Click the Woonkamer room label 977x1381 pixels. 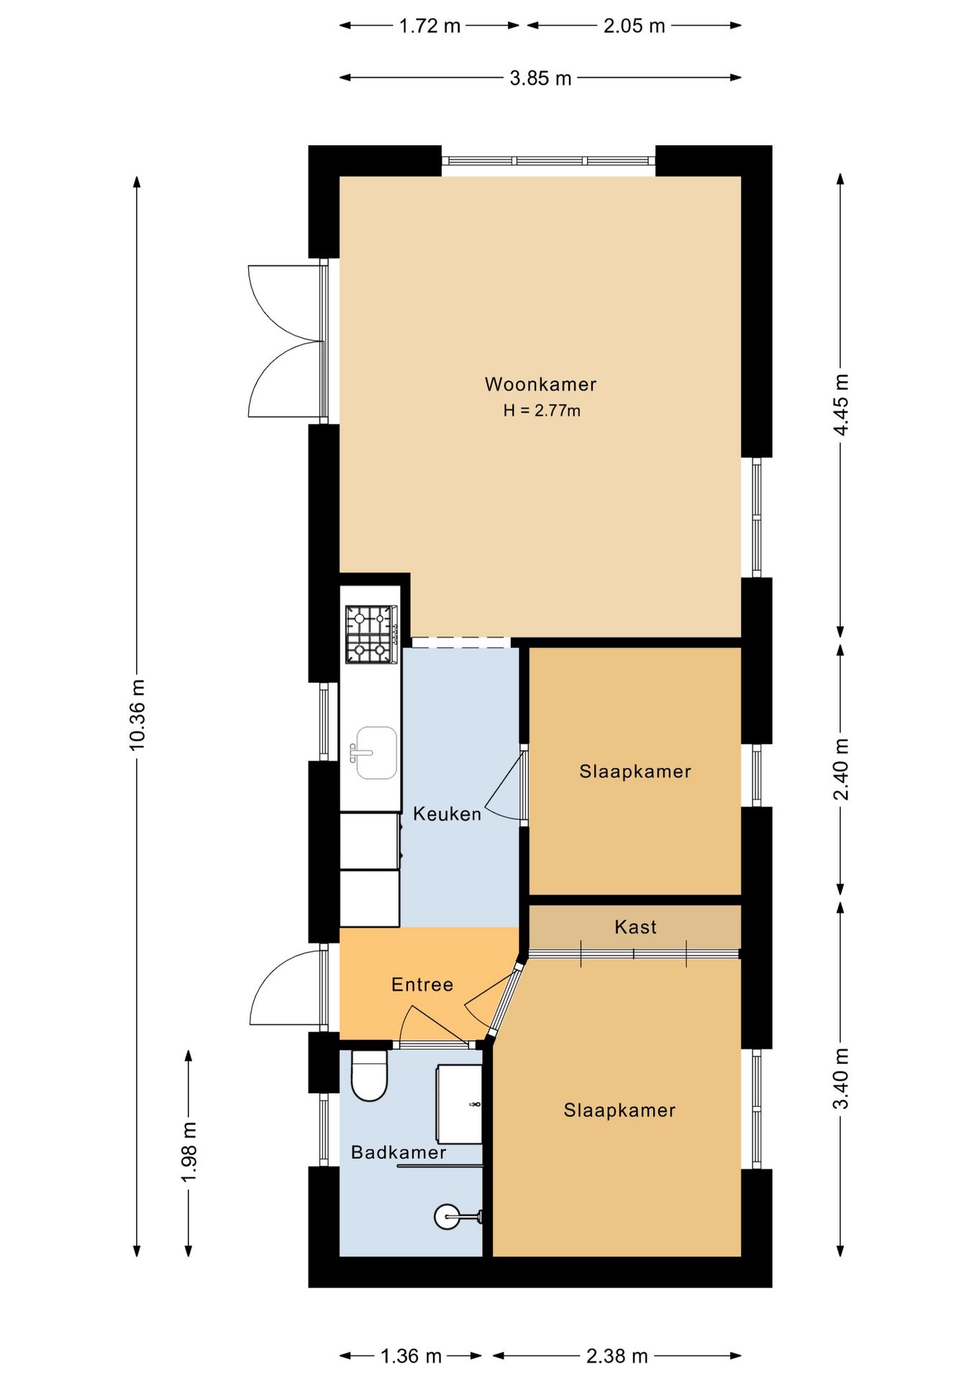540,384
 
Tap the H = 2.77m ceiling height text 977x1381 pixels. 542,411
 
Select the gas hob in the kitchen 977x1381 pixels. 371,634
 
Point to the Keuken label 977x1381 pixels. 447,814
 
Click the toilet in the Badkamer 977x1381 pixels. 369,1076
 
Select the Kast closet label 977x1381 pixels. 635,927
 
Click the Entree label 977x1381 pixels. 422,985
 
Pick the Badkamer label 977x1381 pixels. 399,1152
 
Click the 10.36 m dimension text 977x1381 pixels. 137,715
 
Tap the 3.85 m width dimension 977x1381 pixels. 540,78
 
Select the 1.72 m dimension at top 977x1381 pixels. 430,26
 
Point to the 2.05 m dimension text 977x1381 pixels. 634,26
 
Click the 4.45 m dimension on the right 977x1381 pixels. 840,404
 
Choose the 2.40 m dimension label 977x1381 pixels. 840,769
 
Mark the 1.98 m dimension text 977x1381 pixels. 188,1151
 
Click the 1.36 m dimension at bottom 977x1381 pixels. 411,1356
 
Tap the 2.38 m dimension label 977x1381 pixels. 617,1356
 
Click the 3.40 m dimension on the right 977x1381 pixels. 840,1079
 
